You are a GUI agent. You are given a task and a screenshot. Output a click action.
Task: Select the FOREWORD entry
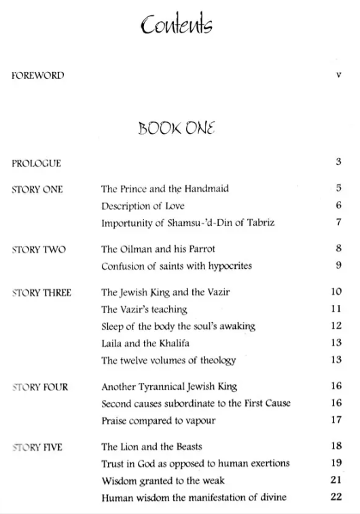pos(38,75)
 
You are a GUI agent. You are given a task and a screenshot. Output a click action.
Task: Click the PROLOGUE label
pos(37,163)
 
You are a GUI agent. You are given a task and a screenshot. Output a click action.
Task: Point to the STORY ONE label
pos(38,189)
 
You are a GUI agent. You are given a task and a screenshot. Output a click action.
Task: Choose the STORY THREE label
pos(42,293)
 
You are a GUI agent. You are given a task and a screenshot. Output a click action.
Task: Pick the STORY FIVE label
pos(37,447)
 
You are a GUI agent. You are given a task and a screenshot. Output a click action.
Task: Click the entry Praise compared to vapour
pos(158,420)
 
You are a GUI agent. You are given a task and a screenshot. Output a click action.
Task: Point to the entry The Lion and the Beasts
pos(151,447)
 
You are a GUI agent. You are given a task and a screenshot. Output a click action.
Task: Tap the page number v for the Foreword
pos(338,75)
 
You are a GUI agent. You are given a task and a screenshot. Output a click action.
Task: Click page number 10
pos(336,293)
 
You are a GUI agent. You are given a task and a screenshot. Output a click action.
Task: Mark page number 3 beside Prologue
pos(338,162)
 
